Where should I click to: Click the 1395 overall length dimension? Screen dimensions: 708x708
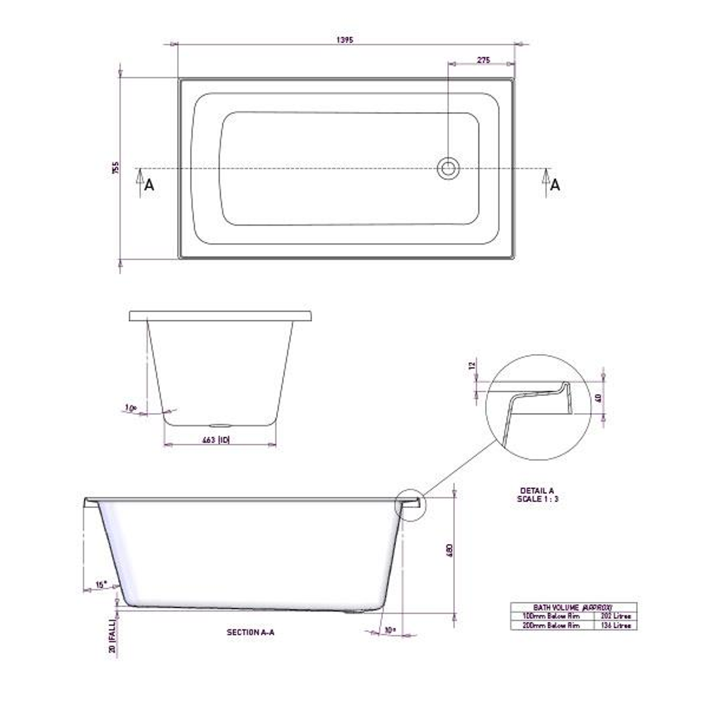pyautogui.click(x=345, y=40)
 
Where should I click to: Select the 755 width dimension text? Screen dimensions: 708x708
pyautogui.click(x=115, y=168)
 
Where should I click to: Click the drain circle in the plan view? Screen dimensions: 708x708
pyautogui.click(x=448, y=168)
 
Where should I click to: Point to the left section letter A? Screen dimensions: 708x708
pyautogui.click(x=149, y=186)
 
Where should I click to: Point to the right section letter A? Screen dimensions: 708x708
pyautogui.click(x=555, y=186)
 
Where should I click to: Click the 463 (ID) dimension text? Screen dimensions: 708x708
pyautogui.click(x=216, y=441)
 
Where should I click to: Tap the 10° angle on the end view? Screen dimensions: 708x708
pyautogui.click(x=130, y=408)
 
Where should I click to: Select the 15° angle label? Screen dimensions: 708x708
pyautogui.click(x=100, y=584)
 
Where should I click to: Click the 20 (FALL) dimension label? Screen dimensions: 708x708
pyautogui.click(x=113, y=637)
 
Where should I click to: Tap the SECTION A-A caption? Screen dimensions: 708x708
pyautogui.click(x=251, y=633)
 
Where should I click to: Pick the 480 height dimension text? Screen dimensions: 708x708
pyautogui.click(x=450, y=551)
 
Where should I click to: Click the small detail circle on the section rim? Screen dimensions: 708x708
pyautogui.click(x=410, y=505)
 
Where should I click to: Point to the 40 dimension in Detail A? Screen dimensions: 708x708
pyautogui.click(x=597, y=397)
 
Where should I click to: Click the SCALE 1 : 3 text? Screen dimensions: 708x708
pyautogui.click(x=537, y=500)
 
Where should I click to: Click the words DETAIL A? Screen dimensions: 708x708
pyautogui.click(x=537, y=490)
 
